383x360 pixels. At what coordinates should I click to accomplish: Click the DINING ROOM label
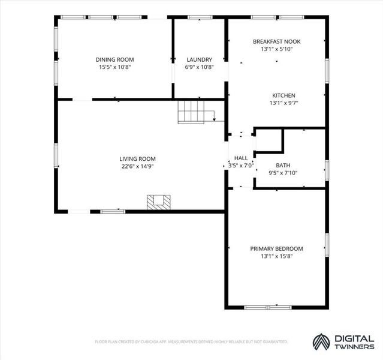click(114, 59)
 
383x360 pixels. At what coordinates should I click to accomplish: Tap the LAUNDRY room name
click(200, 59)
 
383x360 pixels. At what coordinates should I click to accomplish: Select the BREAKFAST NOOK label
click(276, 41)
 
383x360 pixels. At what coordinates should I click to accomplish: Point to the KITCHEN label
click(284, 95)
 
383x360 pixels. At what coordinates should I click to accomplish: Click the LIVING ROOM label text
click(137, 159)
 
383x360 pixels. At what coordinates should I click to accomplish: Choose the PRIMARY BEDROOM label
click(276, 249)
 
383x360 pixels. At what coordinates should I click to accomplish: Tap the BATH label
click(283, 166)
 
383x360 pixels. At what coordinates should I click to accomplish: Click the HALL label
click(241, 158)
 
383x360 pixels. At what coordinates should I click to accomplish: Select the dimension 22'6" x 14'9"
click(137, 167)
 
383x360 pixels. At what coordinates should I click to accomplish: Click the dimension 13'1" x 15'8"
click(276, 256)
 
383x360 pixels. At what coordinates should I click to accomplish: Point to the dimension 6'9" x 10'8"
click(200, 67)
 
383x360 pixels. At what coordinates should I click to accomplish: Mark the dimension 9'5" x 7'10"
click(283, 173)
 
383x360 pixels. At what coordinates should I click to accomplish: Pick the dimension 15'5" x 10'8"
click(114, 67)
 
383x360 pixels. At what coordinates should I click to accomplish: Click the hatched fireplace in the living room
click(158, 203)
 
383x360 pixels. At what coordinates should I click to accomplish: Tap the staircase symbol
click(191, 112)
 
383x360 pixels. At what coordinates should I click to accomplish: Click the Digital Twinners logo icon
click(321, 342)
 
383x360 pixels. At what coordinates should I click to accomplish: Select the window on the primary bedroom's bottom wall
click(268, 307)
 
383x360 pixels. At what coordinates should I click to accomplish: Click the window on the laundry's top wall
click(200, 17)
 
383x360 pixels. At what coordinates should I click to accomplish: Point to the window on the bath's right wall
click(327, 170)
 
